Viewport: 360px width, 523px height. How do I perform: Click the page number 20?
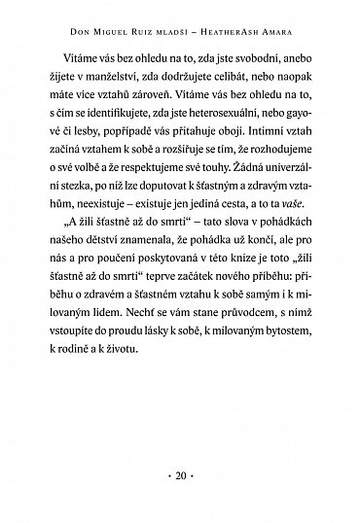coord(180,477)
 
